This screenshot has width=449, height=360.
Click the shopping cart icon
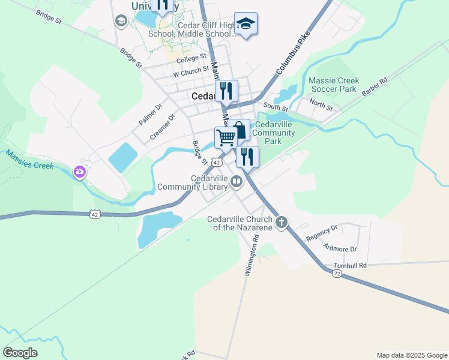226,137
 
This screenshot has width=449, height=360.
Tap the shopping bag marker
239,130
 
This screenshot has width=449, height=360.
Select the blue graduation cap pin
246,24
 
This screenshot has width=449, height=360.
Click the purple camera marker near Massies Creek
79,173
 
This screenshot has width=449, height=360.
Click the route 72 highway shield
337,273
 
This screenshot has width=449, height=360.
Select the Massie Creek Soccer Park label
334,85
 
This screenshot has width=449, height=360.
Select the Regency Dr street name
322,233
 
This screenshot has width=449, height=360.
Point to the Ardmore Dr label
340,248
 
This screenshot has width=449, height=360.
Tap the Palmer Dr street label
150,114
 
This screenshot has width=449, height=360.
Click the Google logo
20,353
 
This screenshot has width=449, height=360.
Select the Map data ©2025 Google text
411,355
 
